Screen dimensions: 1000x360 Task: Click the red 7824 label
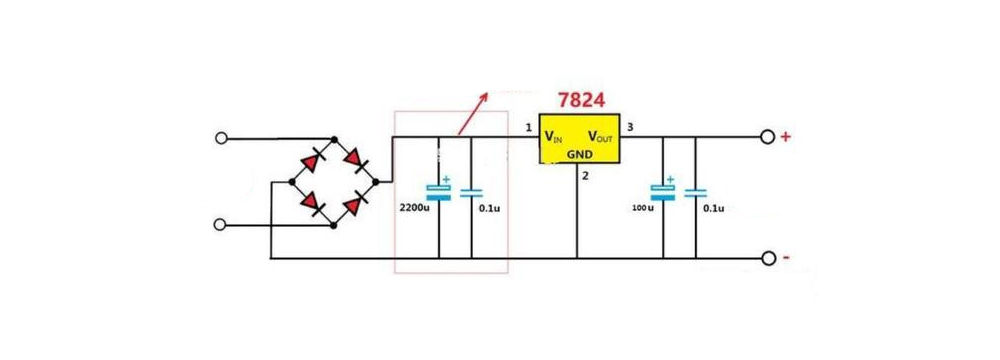pyautogui.click(x=581, y=100)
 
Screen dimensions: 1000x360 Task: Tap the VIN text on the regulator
pyautogui.click(x=554, y=137)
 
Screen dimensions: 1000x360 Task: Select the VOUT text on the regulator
pyautogui.click(x=602, y=137)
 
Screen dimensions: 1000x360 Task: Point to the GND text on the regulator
pyautogui.click(x=580, y=154)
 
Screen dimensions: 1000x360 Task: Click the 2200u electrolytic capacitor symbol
pyautogui.click(x=439, y=190)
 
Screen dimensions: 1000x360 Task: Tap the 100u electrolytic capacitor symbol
pyautogui.click(x=663, y=190)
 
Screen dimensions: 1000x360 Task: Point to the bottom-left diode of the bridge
pyautogui.click(x=311, y=204)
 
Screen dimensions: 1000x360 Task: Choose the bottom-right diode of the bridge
pyautogui.click(x=354, y=204)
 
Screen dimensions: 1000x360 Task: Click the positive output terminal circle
pyautogui.click(x=767, y=137)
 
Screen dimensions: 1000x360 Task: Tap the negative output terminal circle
pyautogui.click(x=767, y=259)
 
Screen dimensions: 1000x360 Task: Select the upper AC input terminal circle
pyautogui.click(x=221, y=139)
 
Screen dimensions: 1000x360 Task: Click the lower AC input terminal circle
pyautogui.click(x=221, y=225)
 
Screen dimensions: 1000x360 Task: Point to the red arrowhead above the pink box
pyautogui.click(x=484, y=97)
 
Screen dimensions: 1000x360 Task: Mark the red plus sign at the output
pyautogui.click(x=786, y=137)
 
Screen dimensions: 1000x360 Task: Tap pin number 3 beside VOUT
pyautogui.click(x=630, y=127)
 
